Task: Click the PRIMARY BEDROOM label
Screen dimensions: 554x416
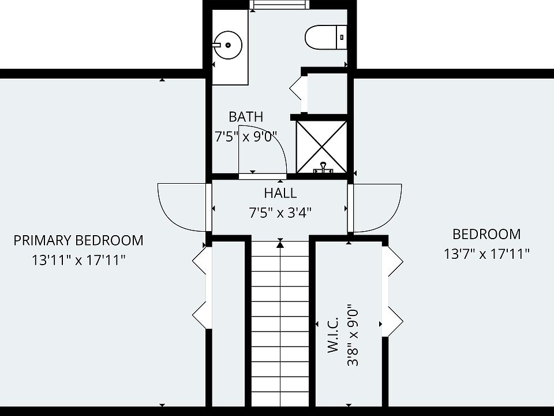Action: tap(78, 240)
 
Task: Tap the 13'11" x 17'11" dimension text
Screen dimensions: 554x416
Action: tap(79, 261)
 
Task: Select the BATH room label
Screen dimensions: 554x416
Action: tap(246, 117)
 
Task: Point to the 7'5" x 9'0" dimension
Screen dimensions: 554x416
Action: tap(246, 136)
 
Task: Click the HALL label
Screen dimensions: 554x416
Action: tap(280, 193)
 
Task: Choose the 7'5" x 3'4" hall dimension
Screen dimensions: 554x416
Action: tap(280, 213)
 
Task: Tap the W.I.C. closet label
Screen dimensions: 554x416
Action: tap(333, 335)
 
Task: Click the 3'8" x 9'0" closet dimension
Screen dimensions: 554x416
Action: tap(353, 335)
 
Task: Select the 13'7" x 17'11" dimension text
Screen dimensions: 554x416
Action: tap(486, 254)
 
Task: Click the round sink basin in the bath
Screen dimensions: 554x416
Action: tap(227, 45)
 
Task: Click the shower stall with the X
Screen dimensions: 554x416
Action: tap(321, 147)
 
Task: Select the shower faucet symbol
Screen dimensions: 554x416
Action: tap(323, 168)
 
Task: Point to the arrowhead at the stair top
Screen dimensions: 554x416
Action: tap(280, 243)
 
